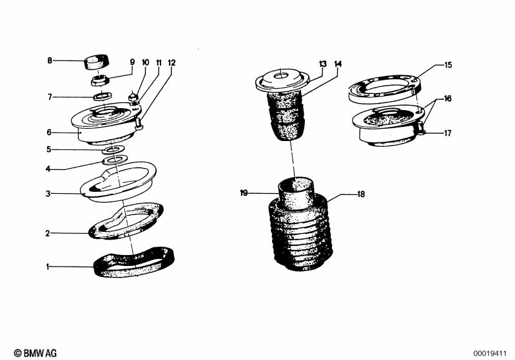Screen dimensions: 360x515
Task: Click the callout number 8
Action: coord(49,61)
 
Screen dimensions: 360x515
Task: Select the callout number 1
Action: coord(48,266)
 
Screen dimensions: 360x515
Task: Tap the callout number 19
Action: coord(244,192)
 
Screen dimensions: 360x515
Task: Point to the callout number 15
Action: coord(449,64)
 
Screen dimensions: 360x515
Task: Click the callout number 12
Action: coord(171,62)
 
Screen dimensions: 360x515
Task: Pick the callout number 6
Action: coord(48,133)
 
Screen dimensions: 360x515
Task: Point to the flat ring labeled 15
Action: coord(384,87)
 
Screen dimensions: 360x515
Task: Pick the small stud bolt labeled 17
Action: coord(422,132)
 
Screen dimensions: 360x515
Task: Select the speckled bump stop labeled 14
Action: coord(284,116)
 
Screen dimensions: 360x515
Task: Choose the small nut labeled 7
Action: coord(101,97)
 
